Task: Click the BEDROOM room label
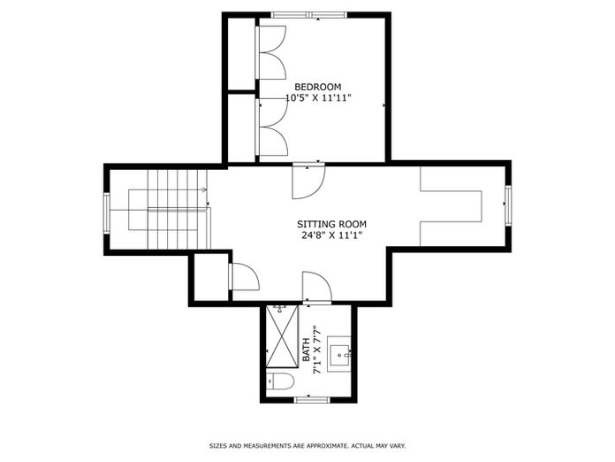(318, 87)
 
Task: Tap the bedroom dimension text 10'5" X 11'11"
(318, 98)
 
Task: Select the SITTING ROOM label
(332, 224)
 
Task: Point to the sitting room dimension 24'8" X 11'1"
(332, 235)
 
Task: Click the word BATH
(307, 350)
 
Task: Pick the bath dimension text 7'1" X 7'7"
(317, 350)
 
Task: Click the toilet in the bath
(280, 381)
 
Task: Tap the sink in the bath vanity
(339, 354)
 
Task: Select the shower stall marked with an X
(282, 336)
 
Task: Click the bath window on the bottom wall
(312, 400)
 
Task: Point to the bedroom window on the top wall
(310, 15)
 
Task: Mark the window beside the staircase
(107, 213)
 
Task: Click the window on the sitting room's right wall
(508, 205)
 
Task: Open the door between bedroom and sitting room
(308, 182)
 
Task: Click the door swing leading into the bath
(317, 287)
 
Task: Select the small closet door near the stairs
(244, 277)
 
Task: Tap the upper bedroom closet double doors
(271, 52)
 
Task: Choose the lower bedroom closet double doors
(272, 127)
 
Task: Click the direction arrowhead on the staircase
(204, 190)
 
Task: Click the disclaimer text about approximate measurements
(307, 446)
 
